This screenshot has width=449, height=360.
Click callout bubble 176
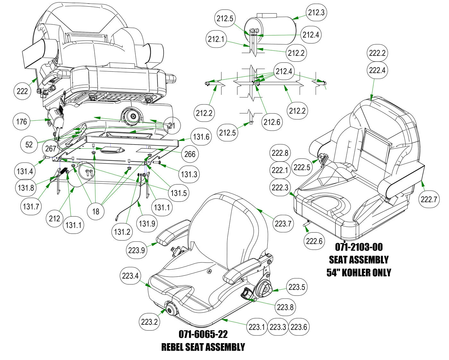[x=21, y=121]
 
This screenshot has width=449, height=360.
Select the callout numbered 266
[x=190, y=154]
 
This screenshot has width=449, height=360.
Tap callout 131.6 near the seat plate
[x=201, y=137]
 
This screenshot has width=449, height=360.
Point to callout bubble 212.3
[x=316, y=13]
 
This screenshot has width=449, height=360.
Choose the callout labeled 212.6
[x=272, y=122]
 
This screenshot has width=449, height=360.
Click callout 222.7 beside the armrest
[x=429, y=199]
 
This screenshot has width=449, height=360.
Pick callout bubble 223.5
[x=296, y=287]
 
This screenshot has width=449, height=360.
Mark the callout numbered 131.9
[x=147, y=223]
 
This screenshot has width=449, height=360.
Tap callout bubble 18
[x=96, y=211]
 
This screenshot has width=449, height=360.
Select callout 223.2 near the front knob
[x=149, y=322]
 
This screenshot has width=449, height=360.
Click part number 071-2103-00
[x=359, y=247]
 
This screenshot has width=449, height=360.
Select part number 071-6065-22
[x=203, y=334]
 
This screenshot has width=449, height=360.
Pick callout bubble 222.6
[x=315, y=240]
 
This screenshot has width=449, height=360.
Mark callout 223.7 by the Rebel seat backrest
[x=283, y=223]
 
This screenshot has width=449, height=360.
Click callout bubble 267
[x=51, y=149]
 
